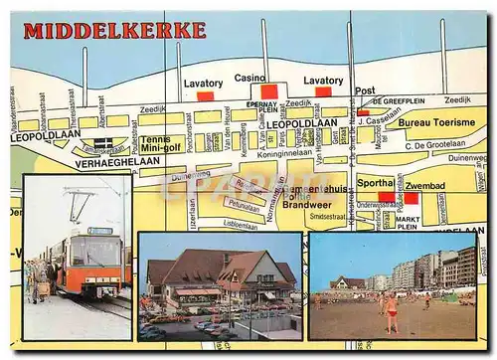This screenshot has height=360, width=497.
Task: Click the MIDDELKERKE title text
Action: (x=114, y=31)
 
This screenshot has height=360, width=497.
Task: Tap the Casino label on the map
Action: (x=249, y=78)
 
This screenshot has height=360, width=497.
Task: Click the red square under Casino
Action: (x=268, y=91)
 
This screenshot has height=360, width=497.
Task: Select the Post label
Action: (x=365, y=90)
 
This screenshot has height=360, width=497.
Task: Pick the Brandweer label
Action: (x=306, y=203)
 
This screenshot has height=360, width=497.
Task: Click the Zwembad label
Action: (x=425, y=185)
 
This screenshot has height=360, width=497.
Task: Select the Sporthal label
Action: (x=376, y=183)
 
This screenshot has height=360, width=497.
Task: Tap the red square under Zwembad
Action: (x=411, y=198)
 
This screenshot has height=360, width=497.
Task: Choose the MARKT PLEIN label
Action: (x=408, y=223)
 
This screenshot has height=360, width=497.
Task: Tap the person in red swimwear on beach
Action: (x=392, y=311)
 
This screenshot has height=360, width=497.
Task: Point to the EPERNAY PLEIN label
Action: (x=262, y=106)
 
